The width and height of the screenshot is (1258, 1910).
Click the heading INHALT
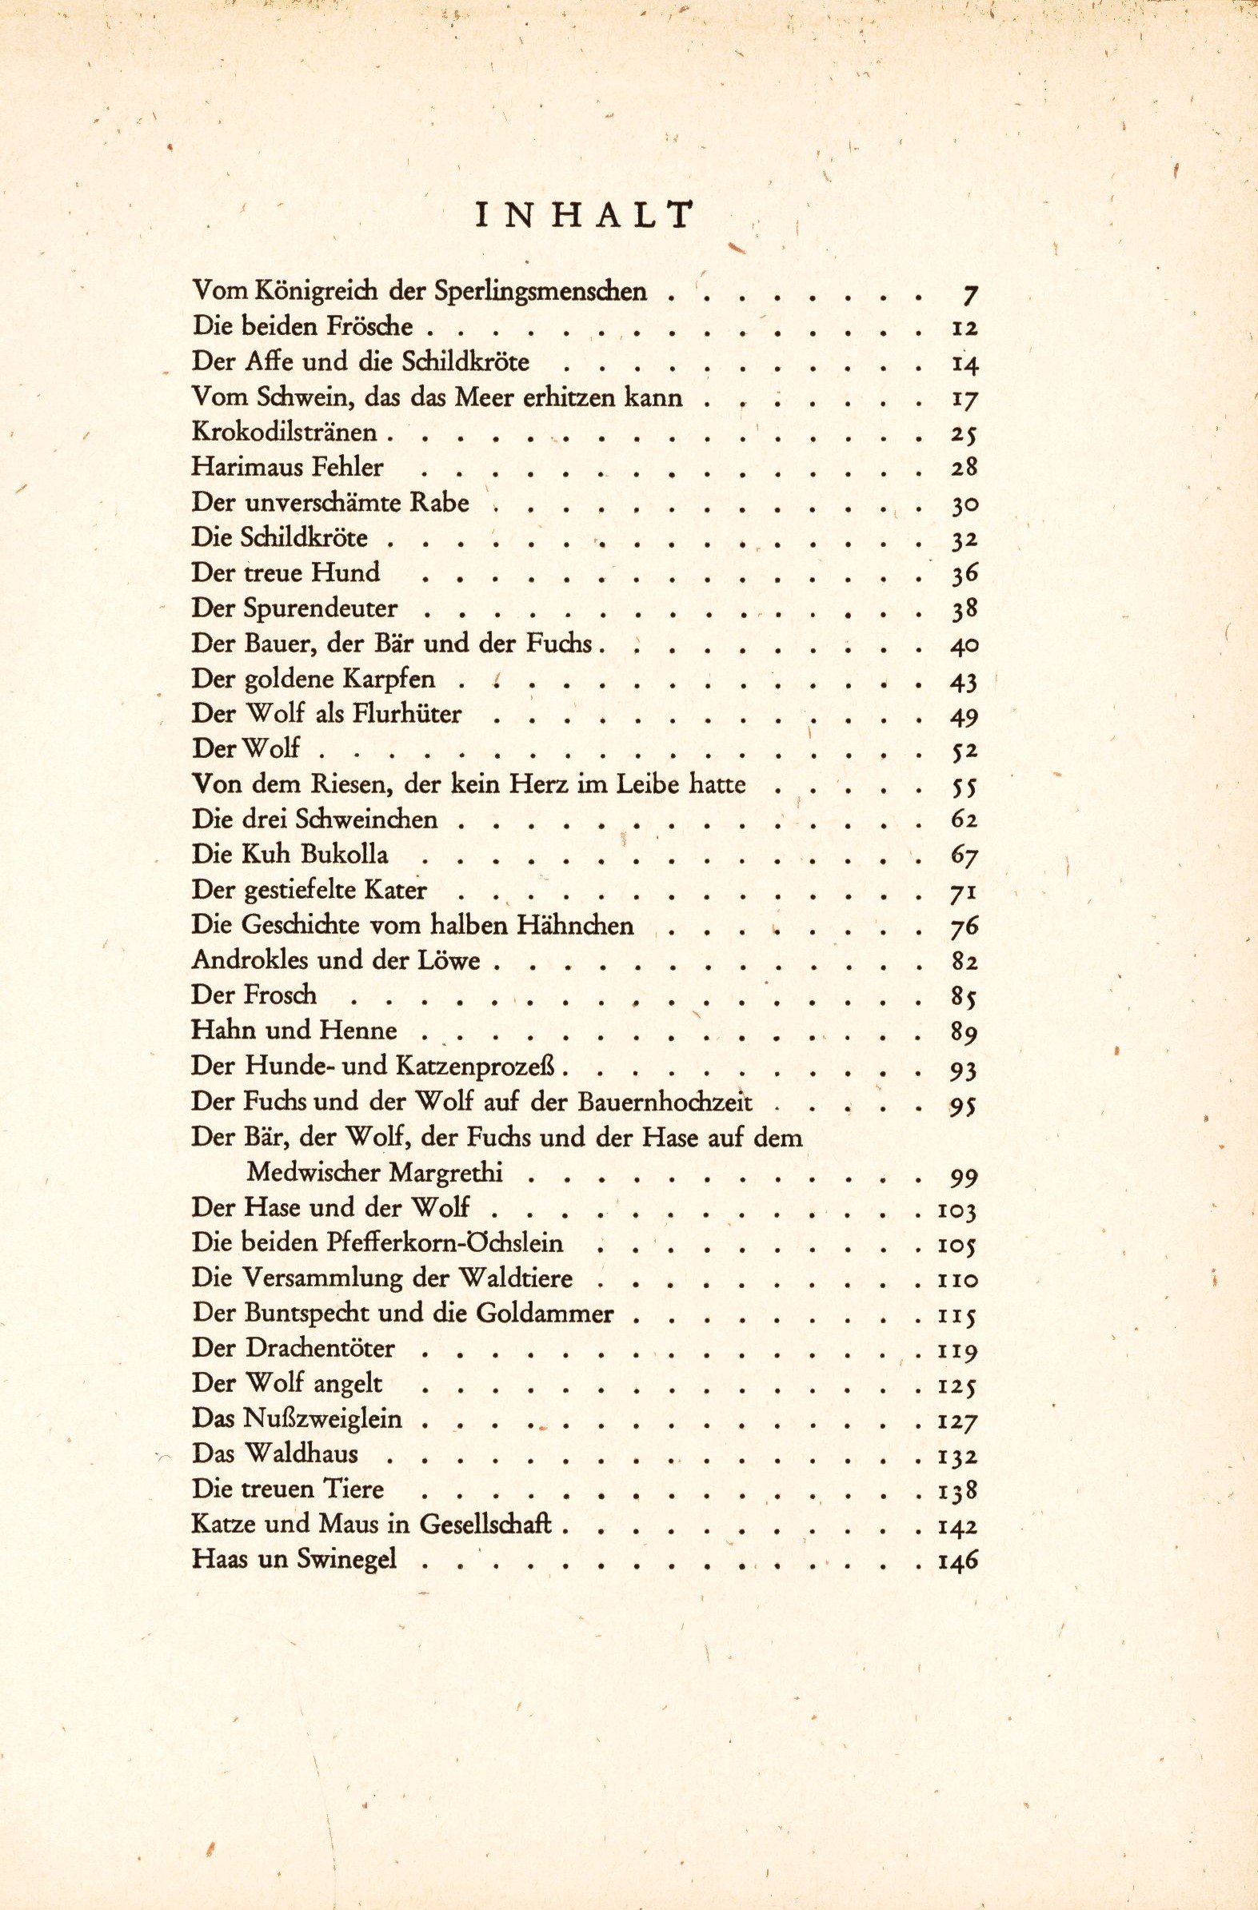[x=584, y=216]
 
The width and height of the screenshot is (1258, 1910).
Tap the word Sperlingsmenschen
[x=540, y=290]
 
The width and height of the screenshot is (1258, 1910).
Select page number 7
[x=969, y=294]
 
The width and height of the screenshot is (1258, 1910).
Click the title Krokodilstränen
[x=284, y=432]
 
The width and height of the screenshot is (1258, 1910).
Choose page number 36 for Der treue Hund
[x=964, y=575]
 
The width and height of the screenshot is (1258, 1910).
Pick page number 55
[x=964, y=787]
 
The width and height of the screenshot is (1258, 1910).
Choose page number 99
[x=964, y=1178]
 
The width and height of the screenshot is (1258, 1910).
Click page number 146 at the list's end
[x=958, y=1561]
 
